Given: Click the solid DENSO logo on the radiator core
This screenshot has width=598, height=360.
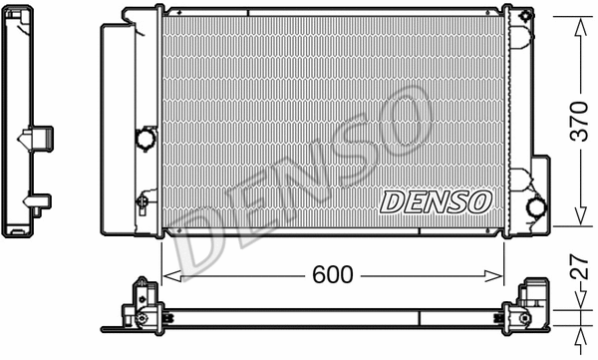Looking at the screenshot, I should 436,201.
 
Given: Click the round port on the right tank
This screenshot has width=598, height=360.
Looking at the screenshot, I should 536,207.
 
